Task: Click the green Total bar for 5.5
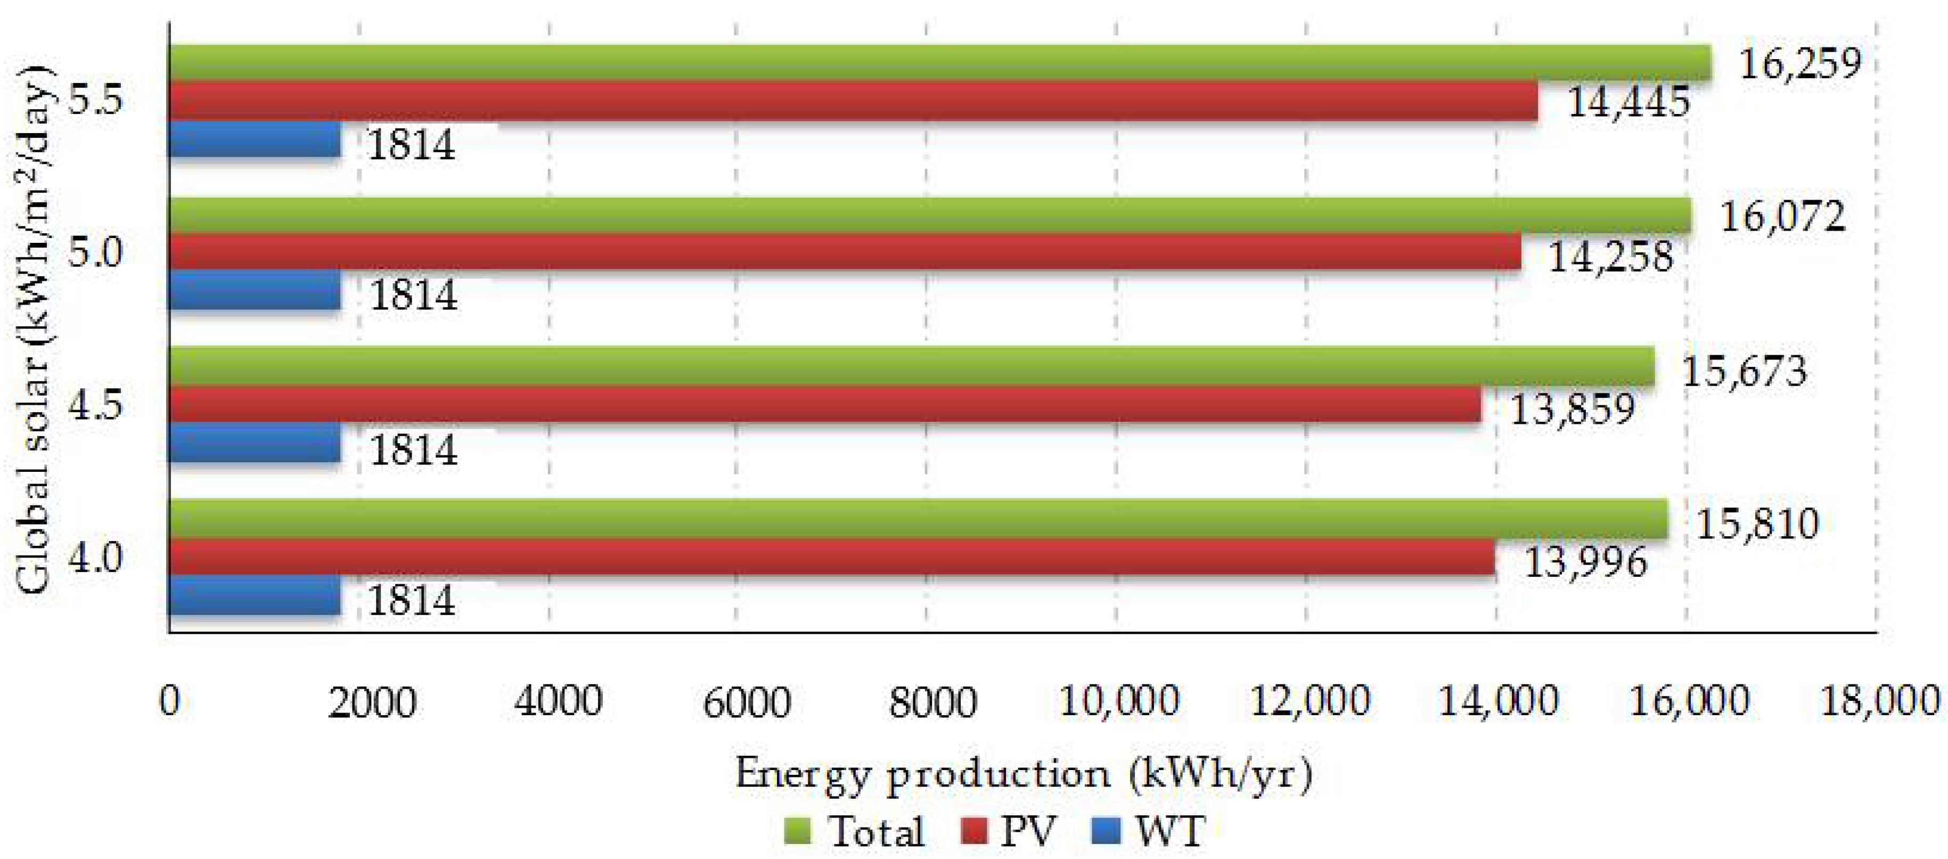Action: click(938, 62)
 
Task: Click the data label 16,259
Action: click(1800, 63)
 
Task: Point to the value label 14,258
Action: click(1611, 257)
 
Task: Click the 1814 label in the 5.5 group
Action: click(411, 144)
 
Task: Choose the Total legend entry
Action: click(855, 832)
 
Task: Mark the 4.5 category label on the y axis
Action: click(95, 405)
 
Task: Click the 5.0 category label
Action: click(95, 252)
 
